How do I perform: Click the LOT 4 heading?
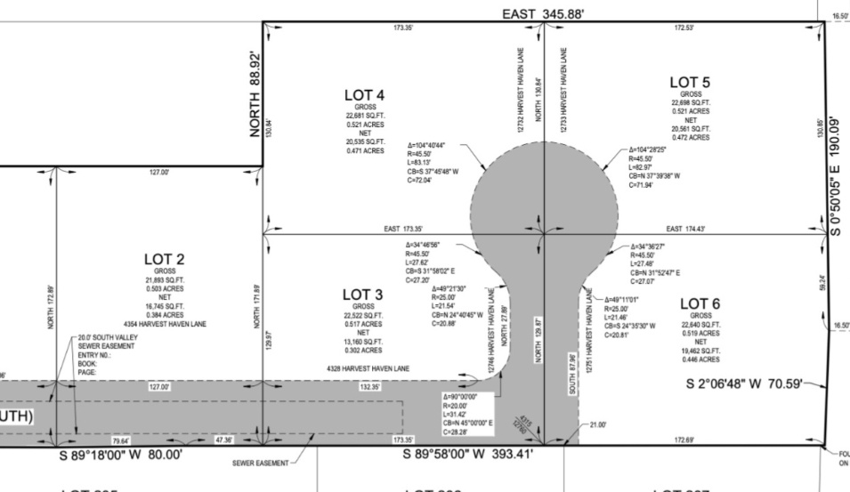(364, 94)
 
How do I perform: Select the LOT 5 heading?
(690, 83)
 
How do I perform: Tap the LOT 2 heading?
(164, 259)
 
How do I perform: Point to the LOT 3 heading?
(362, 294)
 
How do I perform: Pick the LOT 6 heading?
(700, 304)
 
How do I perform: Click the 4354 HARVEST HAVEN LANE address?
(165, 324)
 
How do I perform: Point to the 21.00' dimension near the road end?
(596, 425)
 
